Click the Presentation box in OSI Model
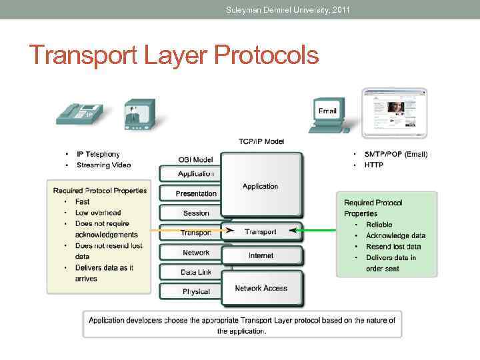(195, 193)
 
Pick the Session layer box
(195, 213)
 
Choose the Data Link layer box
(195, 272)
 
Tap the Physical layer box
(195, 291)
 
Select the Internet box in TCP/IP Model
(261, 255)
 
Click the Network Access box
(261, 288)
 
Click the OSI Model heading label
(195, 159)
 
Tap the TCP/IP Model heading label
(261, 141)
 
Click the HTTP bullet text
(373, 165)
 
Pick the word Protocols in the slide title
(267, 55)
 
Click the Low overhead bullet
(98, 213)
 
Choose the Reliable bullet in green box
(379, 225)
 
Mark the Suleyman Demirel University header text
(287, 9)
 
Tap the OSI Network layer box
(195, 253)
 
